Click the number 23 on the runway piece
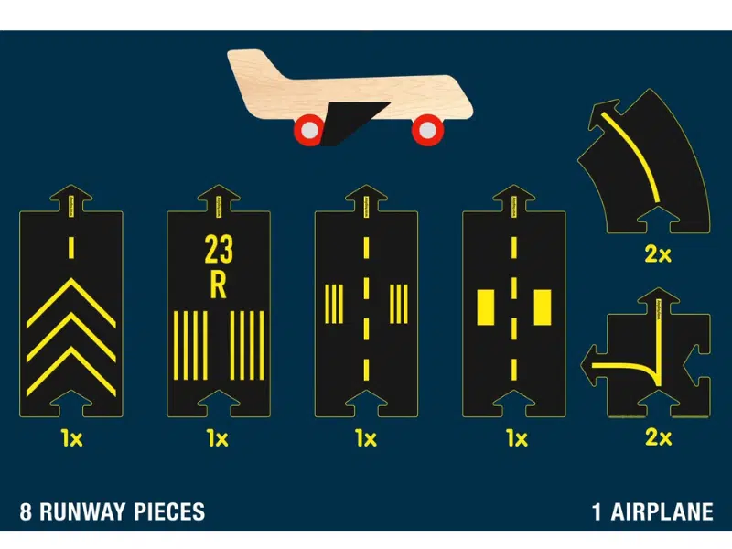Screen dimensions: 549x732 tap(218, 249)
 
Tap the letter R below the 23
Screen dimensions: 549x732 tap(218, 285)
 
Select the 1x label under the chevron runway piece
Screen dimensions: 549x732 tap(71, 438)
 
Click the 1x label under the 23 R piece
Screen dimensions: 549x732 tap(218, 438)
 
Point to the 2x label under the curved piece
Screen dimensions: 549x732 tap(657, 255)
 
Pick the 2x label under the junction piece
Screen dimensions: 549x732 tap(657, 438)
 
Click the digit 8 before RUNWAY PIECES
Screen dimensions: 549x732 tap(26, 511)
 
